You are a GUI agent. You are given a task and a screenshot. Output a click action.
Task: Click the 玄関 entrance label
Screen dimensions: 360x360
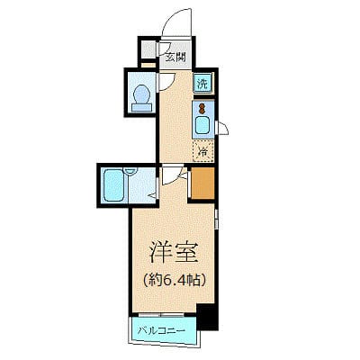(175, 55)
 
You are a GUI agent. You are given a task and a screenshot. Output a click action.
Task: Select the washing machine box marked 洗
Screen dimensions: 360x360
(203, 83)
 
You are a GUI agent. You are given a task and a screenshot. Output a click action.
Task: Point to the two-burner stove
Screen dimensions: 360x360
(202, 107)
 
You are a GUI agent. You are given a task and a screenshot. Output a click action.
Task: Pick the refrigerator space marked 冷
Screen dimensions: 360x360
(203, 149)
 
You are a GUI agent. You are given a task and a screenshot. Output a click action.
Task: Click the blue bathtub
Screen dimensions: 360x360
(113, 185)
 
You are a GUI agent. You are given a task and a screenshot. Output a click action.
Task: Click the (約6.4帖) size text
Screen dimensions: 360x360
(169, 278)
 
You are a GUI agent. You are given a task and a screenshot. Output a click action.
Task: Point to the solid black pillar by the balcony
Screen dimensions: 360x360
(207, 318)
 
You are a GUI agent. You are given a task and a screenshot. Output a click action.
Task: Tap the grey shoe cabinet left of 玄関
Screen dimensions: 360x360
(148, 49)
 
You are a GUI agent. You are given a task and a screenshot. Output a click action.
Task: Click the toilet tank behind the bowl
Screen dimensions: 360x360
(141, 108)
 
